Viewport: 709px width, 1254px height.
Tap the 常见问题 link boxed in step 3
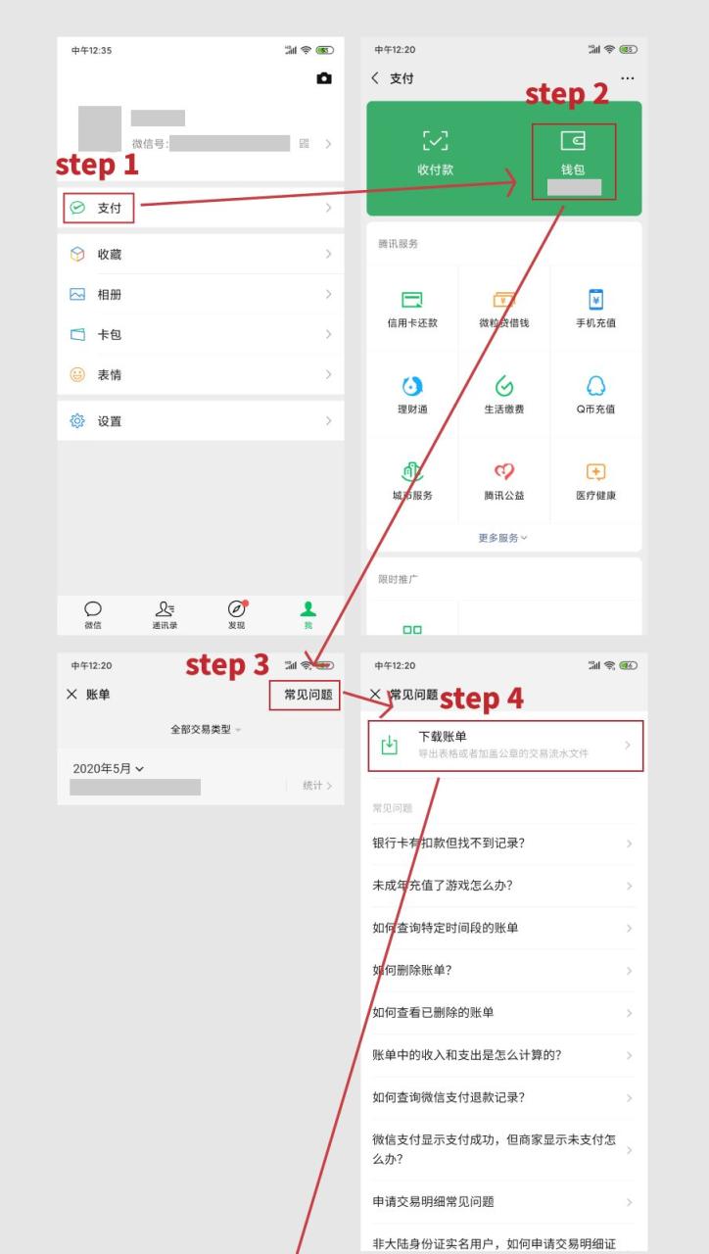pos(307,695)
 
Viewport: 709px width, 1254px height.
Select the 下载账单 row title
pos(443,737)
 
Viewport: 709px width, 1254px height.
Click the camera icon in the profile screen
pos(324,78)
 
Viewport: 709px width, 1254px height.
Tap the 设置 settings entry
pos(109,421)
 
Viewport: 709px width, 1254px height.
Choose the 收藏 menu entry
pos(109,255)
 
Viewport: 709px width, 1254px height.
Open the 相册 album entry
pos(109,295)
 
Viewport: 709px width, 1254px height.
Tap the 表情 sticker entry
pos(109,375)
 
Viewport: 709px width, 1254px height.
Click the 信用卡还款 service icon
pos(412,300)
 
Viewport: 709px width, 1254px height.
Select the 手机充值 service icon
pos(595,300)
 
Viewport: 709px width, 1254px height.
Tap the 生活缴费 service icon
pos(503,386)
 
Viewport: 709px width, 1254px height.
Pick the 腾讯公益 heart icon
pos(503,472)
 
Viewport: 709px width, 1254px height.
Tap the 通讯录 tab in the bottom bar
pos(165,614)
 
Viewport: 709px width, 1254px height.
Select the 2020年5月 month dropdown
pos(108,769)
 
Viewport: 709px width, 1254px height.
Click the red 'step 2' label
pos(567,94)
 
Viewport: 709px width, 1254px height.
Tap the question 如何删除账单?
pos(412,971)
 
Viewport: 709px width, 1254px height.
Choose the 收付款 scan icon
pos(435,142)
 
